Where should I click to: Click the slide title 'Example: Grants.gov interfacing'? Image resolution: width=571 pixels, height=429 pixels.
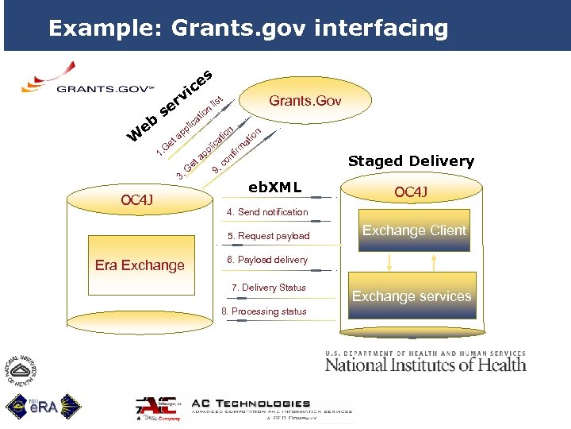(x=247, y=29)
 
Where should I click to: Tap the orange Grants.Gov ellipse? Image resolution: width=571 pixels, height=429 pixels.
(x=305, y=101)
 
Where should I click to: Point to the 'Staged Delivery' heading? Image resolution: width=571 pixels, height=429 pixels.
(x=411, y=161)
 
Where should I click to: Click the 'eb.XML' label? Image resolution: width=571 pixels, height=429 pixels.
(x=274, y=187)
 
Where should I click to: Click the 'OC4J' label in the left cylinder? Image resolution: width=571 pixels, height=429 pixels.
(x=136, y=199)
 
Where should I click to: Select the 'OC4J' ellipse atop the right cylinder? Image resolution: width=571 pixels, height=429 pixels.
(x=411, y=192)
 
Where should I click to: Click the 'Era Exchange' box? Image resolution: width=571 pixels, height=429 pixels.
(x=140, y=265)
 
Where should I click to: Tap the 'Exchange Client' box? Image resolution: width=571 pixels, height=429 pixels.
(x=414, y=230)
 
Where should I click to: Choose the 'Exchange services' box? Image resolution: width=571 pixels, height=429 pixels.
(x=412, y=296)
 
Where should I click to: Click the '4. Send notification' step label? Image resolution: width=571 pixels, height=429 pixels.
(x=267, y=212)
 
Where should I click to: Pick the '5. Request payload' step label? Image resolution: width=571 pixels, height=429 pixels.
(x=268, y=236)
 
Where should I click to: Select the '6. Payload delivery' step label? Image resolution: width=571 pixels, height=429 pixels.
(x=267, y=260)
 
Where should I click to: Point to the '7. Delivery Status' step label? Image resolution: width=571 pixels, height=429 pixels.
(x=268, y=288)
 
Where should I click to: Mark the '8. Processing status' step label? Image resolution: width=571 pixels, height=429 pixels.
(x=263, y=311)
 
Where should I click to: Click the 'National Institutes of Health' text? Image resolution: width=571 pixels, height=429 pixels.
(x=425, y=364)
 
